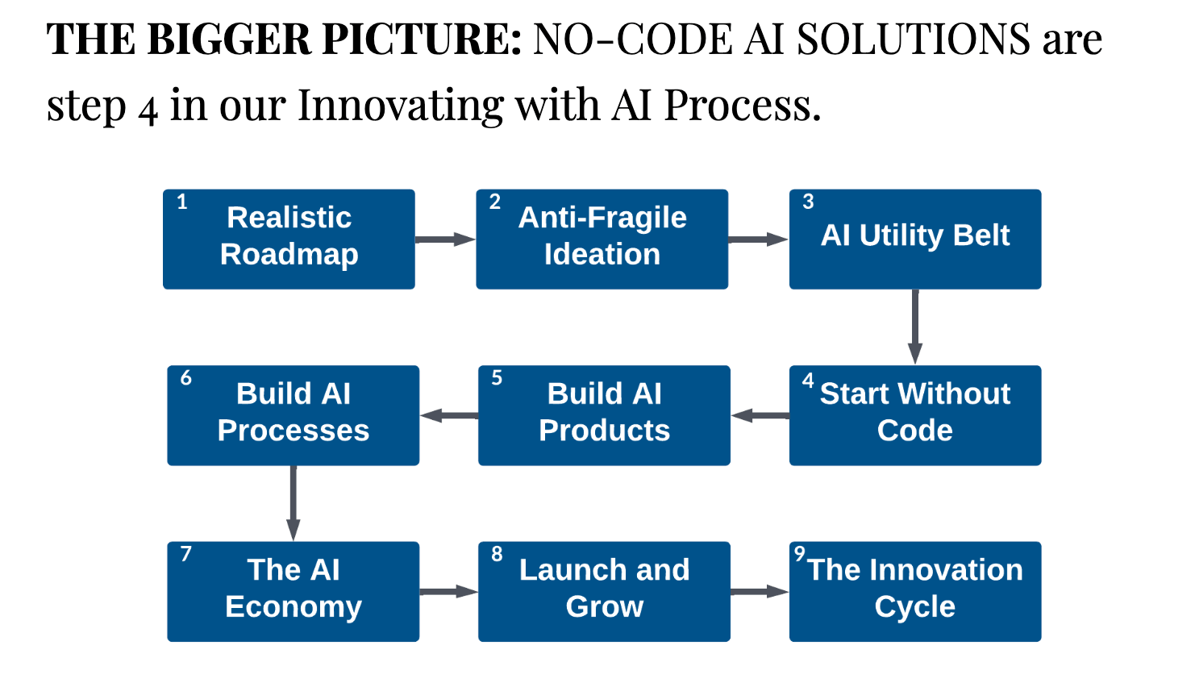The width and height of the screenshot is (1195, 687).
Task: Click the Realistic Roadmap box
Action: (x=289, y=239)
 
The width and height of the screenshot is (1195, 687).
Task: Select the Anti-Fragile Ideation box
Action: (x=602, y=239)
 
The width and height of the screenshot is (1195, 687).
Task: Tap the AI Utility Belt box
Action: (x=914, y=239)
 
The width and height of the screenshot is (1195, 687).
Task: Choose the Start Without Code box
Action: (x=914, y=415)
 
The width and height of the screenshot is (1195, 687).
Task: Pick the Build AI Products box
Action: (x=604, y=415)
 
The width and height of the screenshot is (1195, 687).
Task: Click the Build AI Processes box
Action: (x=293, y=415)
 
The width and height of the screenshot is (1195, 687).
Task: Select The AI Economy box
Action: (x=293, y=591)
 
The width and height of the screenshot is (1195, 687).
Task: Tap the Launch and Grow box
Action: (x=604, y=591)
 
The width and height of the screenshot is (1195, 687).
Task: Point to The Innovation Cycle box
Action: (x=914, y=591)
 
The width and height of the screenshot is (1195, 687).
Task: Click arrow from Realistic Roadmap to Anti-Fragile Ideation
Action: (x=445, y=239)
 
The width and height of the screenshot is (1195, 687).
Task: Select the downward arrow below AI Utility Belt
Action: (x=915, y=327)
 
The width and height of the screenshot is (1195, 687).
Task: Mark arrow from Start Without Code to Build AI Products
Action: (x=760, y=415)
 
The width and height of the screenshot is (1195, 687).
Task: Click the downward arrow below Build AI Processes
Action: (x=293, y=503)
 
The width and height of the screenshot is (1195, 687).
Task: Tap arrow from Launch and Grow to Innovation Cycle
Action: (x=759, y=592)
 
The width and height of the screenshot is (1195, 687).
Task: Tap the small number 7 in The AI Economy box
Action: (x=186, y=554)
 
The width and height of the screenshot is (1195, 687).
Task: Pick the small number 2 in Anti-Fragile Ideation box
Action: (x=495, y=202)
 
